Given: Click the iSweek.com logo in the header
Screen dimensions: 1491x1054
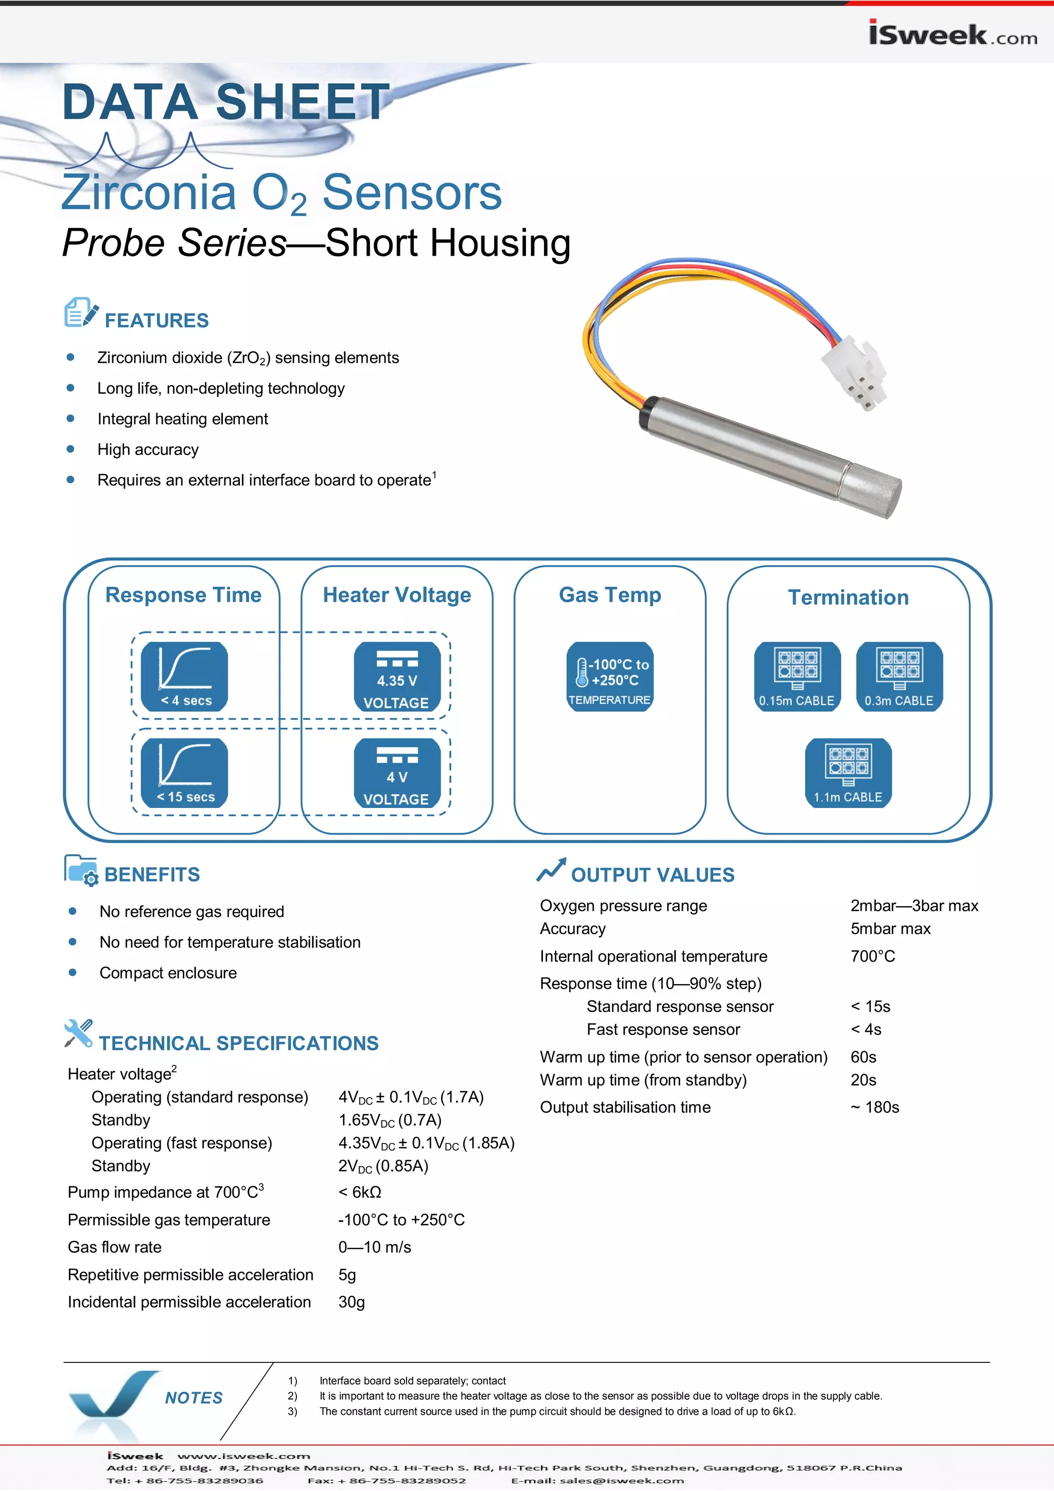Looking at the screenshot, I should pyautogui.click(x=952, y=34).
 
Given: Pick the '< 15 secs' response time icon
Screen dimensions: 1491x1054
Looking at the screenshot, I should pyautogui.click(x=184, y=772).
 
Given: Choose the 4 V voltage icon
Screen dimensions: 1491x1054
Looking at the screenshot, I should pyautogui.click(x=397, y=772).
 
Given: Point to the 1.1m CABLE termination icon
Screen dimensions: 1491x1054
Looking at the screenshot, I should pyautogui.click(x=848, y=772).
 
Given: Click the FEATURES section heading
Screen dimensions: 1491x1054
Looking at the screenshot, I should pyautogui.click(x=156, y=320).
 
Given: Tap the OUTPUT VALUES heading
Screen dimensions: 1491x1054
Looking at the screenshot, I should pyautogui.click(x=652, y=875).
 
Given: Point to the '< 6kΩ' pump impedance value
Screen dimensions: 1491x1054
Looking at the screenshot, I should pyautogui.click(x=360, y=1192).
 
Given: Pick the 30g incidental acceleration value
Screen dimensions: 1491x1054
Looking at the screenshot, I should pyautogui.click(x=352, y=1302).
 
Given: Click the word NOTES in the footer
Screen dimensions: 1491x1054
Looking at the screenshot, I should pyautogui.click(x=194, y=1398).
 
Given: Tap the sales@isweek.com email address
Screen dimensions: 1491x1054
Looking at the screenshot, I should pyautogui.click(x=622, y=1481).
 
